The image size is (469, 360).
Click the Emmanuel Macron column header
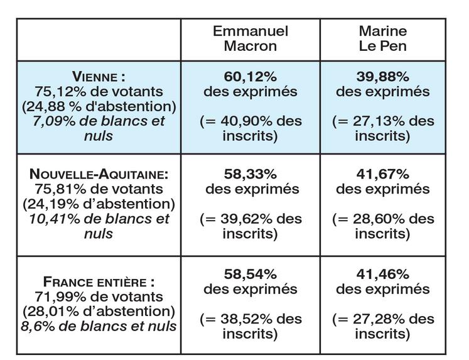point(250,38)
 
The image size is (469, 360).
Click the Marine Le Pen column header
point(382,38)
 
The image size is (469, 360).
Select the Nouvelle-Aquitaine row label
point(99,174)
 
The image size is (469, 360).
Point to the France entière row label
point(99,281)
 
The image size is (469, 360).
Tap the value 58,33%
point(251,174)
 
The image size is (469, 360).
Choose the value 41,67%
point(383,174)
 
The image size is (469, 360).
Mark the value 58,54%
point(251,275)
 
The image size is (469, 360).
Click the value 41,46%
point(383,275)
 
